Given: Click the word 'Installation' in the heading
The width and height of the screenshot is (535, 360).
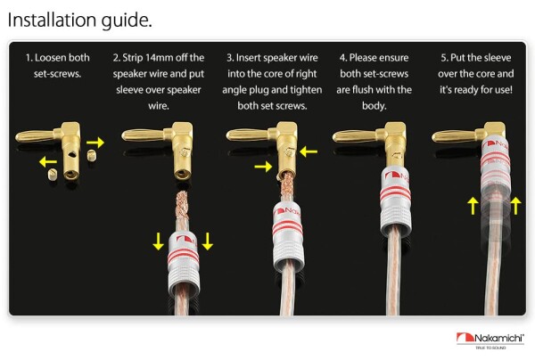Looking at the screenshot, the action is tap(53, 20).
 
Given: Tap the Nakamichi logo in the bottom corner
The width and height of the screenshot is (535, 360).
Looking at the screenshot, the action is tap(490, 340).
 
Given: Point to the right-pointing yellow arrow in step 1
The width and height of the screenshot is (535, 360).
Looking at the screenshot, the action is tap(95, 143).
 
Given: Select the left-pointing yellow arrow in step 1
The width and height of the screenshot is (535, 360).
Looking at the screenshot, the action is tap(48, 161).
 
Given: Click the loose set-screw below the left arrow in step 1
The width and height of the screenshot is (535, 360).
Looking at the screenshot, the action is tap(53, 175).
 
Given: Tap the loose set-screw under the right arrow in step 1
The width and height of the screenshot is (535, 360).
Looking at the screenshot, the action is tap(92, 156).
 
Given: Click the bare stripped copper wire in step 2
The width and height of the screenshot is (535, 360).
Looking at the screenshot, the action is tap(183, 205).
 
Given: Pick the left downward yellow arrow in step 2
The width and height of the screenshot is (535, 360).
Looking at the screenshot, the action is tap(158, 241).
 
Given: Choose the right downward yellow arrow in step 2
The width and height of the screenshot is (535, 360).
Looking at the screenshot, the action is tap(208, 241).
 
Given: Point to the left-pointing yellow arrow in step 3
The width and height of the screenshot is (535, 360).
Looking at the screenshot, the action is tap(309, 151).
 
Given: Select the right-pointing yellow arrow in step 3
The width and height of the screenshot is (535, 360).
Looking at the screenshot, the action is tap(263, 167).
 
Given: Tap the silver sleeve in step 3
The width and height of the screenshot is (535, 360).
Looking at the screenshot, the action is tap(288, 235).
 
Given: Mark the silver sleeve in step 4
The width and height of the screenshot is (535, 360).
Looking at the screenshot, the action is tap(396, 201).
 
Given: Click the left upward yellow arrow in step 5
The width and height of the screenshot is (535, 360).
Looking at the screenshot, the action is tap(473, 206).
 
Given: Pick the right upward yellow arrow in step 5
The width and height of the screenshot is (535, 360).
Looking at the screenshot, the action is tap(515, 206).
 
